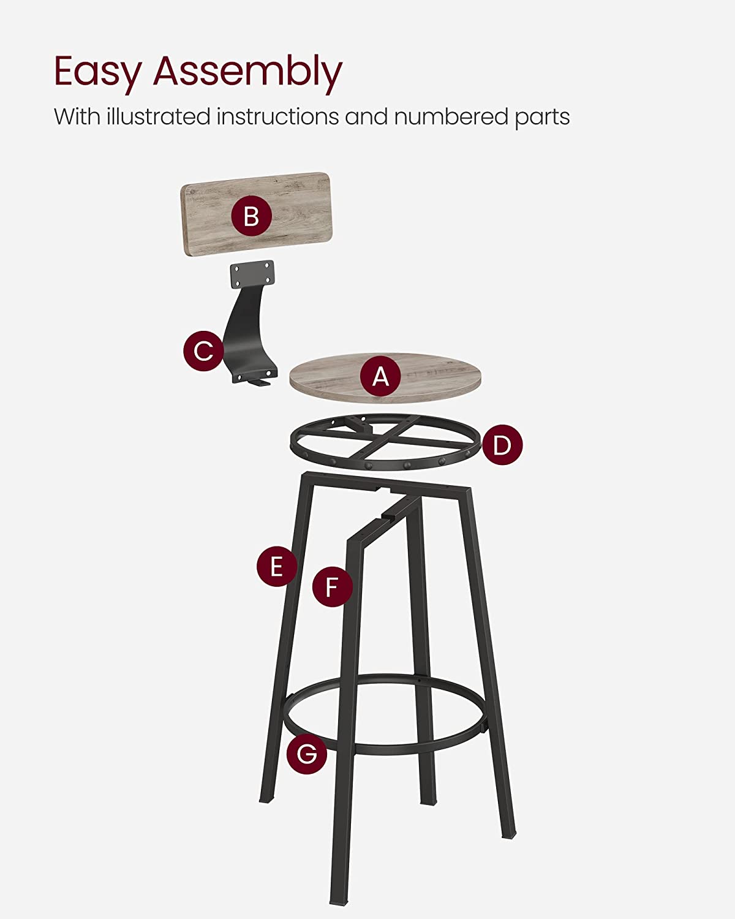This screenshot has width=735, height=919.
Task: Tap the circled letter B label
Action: click(252, 216)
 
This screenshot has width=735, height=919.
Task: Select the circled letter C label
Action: click(204, 350)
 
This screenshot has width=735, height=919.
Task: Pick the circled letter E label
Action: click(277, 566)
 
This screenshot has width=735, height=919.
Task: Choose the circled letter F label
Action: click(332, 586)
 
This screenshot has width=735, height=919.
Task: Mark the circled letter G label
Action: click(307, 754)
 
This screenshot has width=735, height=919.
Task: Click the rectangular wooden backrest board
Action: click(257, 214)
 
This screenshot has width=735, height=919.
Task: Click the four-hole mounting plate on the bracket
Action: click(252, 273)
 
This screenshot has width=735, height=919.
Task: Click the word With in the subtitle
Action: click(77, 116)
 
